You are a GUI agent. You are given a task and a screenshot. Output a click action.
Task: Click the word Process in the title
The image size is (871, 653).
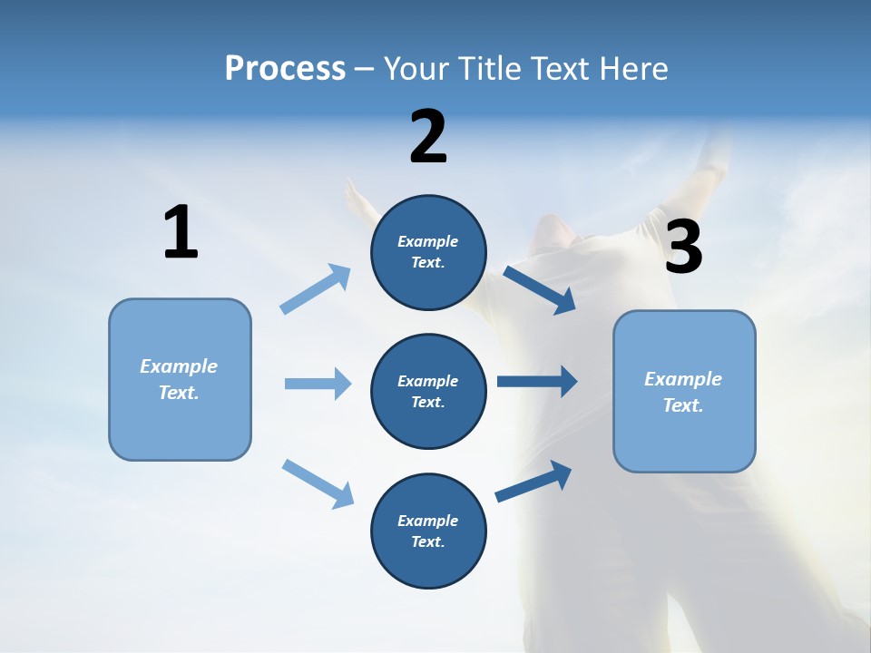pos(285,69)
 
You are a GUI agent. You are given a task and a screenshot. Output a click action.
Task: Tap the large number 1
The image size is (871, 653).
pos(181,233)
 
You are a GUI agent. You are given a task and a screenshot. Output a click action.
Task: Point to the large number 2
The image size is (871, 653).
pos(428,137)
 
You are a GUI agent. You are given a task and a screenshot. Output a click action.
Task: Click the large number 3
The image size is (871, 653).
pos(683,248)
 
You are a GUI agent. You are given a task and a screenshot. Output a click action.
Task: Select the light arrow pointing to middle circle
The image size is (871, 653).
pos(318,384)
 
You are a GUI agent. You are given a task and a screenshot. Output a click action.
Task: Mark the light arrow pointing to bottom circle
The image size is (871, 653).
pos(318,482)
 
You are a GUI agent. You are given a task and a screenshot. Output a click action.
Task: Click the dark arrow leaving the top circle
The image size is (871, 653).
pos(539,289)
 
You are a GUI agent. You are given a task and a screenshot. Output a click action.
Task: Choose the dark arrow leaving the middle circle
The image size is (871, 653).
pos(537,382)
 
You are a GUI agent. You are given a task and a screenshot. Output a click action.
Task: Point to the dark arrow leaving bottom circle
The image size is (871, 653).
pos(533,481)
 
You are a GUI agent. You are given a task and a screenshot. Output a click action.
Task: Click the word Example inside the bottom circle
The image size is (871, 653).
pos(428,521)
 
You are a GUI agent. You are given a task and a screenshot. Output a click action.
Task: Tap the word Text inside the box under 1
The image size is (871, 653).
pos(178,393)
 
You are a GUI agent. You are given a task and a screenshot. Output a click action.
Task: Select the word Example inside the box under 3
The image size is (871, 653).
pos(683,379)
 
